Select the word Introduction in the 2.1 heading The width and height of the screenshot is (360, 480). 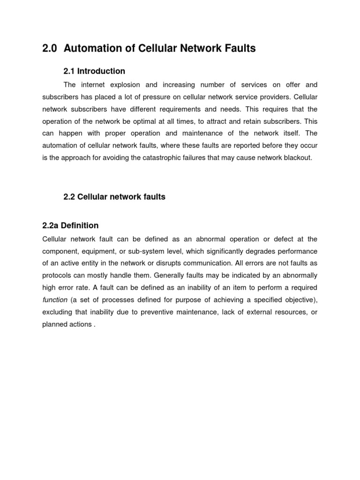[101, 71]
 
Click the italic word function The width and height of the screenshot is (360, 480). [55, 300]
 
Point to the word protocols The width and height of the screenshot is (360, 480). [57, 275]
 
